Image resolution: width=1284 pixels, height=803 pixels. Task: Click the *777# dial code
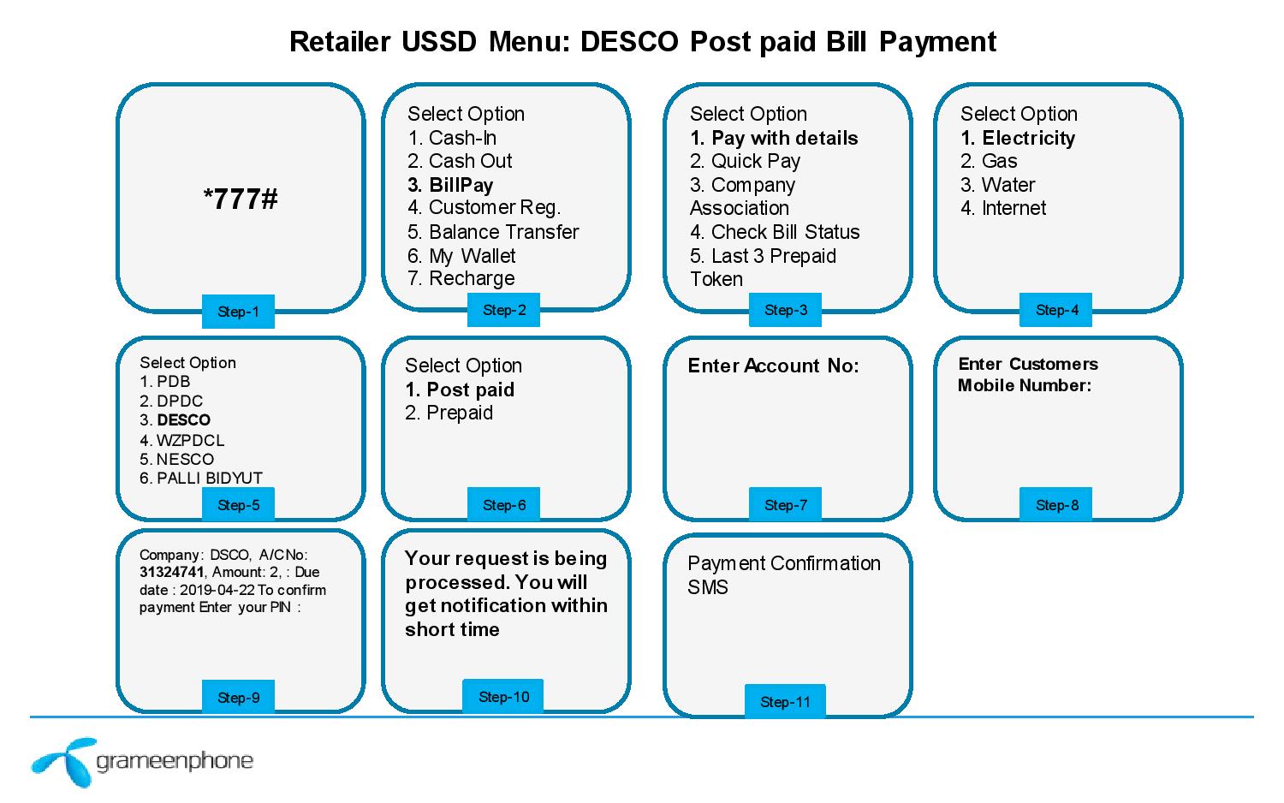[x=241, y=199]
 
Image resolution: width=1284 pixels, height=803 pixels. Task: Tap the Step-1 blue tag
[x=238, y=312]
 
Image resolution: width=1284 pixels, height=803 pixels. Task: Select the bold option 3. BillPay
[x=450, y=185]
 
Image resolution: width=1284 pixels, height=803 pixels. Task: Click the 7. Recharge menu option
[x=461, y=278]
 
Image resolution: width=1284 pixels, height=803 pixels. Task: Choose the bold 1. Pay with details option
[x=774, y=138]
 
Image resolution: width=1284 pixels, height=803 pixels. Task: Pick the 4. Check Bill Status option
[x=775, y=232]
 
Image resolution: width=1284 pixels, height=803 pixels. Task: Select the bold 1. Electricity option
[x=1018, y=138]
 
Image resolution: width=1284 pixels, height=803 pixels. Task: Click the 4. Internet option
[x=1003, y=208]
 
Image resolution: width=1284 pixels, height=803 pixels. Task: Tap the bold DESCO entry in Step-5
[x=183, y=420]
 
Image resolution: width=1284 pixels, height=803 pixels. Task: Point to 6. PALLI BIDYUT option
[x=201, y=478]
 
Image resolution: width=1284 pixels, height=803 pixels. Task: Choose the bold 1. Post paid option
[x=460, y=390]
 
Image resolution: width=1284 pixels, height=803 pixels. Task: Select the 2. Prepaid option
[x=449, y=413]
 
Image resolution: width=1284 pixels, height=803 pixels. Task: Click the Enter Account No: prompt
[x=773, y=366]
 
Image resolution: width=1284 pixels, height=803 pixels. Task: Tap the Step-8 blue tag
[x=1056, y=505]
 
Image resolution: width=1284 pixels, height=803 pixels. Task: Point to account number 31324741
[x=172, y=572]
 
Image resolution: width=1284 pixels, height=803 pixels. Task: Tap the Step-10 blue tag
[x=503, y=697]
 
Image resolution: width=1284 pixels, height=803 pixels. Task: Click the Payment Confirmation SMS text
[x=783, y=574]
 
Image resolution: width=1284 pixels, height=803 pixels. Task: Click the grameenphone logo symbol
[x=62, y=761]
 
